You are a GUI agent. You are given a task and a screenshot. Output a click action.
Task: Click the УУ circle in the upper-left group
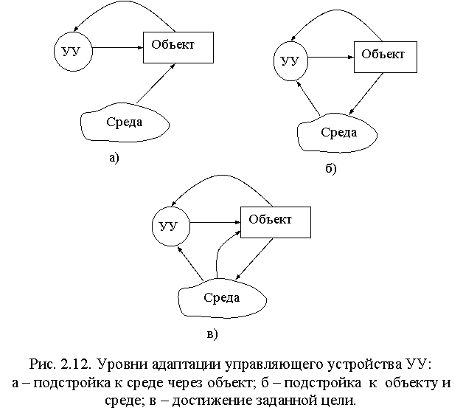[73, 52]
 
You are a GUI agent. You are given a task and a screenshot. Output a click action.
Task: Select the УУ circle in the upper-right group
[290, 60]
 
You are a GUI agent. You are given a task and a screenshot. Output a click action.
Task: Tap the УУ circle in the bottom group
[170, 226]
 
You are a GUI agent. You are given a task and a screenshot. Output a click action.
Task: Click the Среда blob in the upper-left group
[124, 122]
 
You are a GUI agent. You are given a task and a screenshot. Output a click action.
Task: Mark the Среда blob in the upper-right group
[338, 134]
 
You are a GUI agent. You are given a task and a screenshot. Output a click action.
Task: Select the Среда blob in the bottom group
[222, 299]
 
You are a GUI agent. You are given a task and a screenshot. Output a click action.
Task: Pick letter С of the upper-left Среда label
[110, 122]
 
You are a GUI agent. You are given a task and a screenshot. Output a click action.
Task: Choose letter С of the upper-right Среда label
[324, 133]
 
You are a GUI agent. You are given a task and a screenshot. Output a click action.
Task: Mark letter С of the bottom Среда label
[207, 298]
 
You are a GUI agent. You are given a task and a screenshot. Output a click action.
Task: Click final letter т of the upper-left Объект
[191, 45]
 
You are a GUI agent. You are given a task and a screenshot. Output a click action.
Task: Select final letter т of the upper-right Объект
[401, 55]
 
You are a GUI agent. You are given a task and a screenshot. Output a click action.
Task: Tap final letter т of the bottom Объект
[288, 220]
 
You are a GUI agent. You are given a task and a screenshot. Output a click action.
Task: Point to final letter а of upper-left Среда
[139, 123]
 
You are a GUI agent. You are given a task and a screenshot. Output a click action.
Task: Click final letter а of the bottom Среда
[236, 299]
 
